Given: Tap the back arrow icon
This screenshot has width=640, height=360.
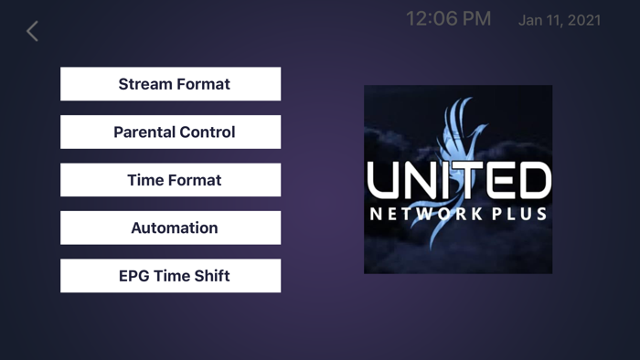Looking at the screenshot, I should point(32,31).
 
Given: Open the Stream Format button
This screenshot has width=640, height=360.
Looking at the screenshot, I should point(170,84).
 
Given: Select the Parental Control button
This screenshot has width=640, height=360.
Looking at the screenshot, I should point(170,132).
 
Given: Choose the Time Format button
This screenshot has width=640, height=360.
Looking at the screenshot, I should point(170,180).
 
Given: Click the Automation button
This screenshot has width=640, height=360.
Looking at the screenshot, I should point(170,228).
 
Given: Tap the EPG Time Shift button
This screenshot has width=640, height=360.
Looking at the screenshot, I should point(170,276).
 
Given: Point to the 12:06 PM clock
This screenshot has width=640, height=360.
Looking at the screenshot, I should point(448,19).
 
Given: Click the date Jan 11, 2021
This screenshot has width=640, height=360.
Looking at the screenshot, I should point(560,20).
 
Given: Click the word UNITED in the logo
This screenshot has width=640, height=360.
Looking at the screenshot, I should point(458,181).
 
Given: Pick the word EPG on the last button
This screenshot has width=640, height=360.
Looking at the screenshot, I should point(133,276).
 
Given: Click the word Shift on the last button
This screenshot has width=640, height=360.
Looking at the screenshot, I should point(212,276).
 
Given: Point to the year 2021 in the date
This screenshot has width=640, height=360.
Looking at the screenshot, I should point(584,20).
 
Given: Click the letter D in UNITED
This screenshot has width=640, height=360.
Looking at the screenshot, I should point(533,181).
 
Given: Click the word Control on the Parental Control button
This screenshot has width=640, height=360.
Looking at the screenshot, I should point(207,132).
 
